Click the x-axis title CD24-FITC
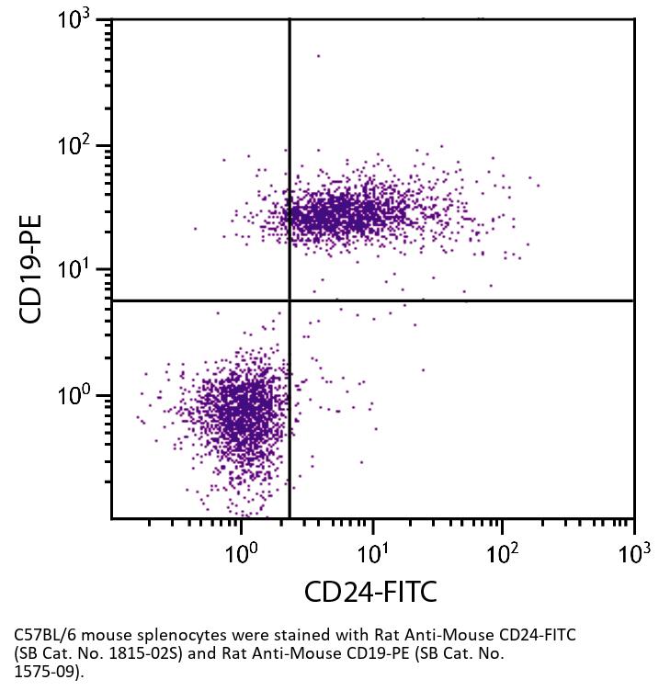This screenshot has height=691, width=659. point(371,591)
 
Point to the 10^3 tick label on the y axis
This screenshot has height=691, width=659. point(81,21)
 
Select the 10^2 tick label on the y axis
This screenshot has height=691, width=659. point(81,146)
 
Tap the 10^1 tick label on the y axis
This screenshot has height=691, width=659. point(81,271)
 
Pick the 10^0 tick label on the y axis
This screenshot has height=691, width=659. point(81,396)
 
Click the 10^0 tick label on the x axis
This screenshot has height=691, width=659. point(241,552)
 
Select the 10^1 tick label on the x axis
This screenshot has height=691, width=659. point(371,552)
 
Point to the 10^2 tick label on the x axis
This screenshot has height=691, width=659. point(502,552)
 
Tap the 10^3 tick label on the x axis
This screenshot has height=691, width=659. point(632,552)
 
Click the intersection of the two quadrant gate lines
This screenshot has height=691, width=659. point(290,300)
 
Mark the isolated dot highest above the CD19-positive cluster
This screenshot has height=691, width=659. point(319,56)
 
